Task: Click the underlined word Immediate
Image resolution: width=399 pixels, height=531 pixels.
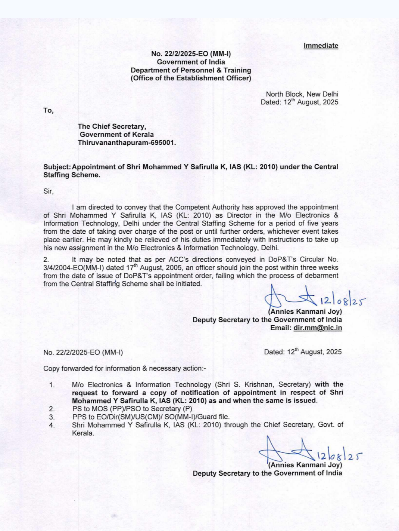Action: pos(321,46)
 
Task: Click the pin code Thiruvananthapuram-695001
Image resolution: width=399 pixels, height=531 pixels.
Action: pos(127,143)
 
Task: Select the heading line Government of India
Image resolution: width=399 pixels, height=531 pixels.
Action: pos(191,62)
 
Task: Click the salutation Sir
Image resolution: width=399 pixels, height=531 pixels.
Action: pos(48,191)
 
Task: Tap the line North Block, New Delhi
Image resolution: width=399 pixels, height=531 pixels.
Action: pos(302,94)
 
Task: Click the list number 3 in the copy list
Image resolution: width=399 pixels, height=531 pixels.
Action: pos(52,417)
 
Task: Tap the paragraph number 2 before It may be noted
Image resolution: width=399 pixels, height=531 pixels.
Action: pos(46,260)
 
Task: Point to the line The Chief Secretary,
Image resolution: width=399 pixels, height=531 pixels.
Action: pos(112,126)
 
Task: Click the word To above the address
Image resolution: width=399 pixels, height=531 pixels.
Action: pos(48,110)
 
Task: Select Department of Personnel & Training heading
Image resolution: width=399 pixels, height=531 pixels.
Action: pos(191,70)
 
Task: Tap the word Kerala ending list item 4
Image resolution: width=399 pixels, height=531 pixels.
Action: pos(83,433)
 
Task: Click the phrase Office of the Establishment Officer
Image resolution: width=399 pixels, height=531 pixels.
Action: pos(191,78)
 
